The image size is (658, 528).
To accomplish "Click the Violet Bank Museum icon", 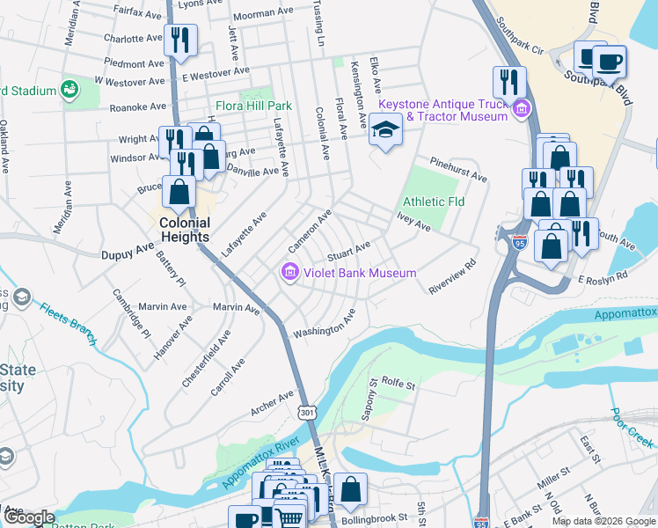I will click(289, 274).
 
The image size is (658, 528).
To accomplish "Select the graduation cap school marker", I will click(384, 130).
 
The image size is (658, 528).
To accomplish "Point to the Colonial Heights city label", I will click(184, 230).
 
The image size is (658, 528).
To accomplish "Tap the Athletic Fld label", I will click(434, 202).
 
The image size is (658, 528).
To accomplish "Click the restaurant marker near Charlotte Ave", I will click(179, 40).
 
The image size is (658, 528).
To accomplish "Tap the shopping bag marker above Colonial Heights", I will click(179, 193).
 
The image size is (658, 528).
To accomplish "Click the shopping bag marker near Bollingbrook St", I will click(350, 489).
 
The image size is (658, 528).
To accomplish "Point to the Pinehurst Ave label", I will click(458, 170).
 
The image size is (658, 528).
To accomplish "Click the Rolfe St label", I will click(397, 385).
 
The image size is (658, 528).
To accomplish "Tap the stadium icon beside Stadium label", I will click(68, 90).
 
